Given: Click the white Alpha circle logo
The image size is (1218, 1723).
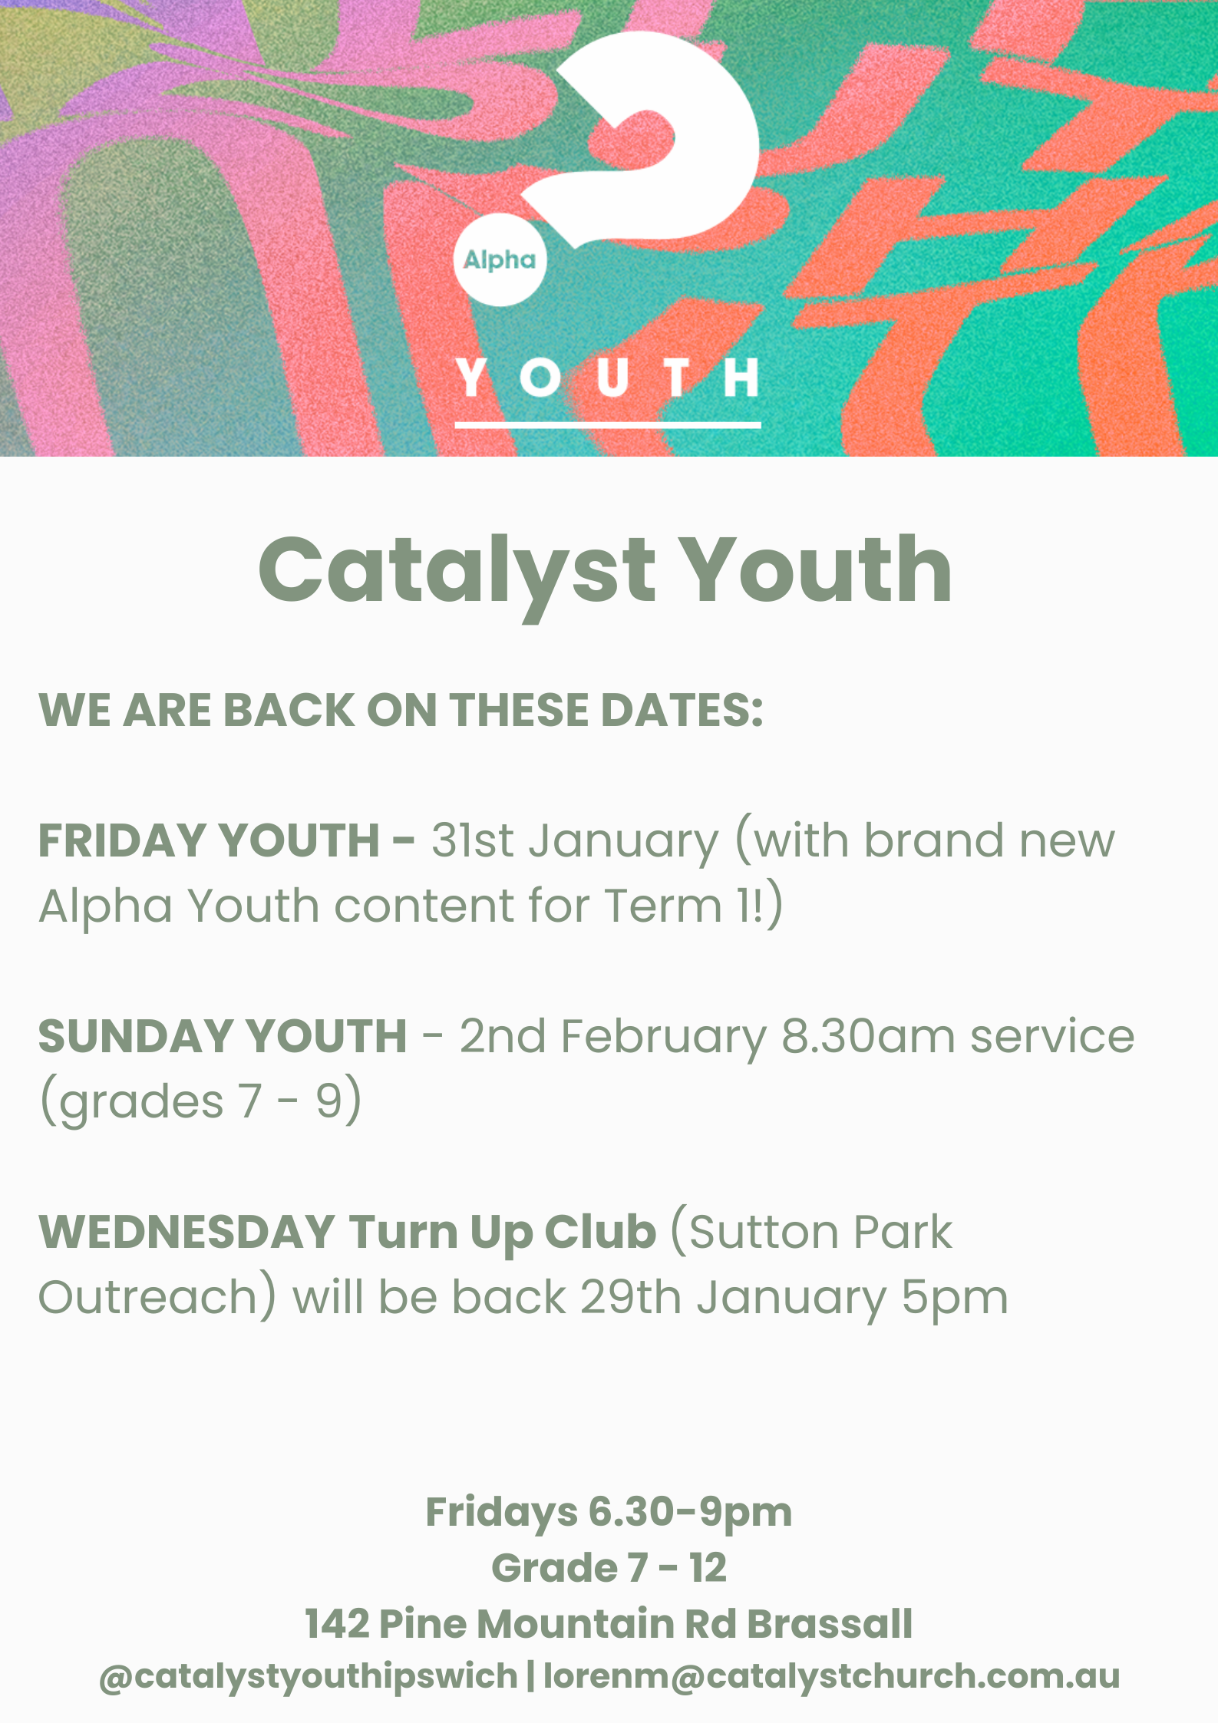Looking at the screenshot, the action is pos(500,259).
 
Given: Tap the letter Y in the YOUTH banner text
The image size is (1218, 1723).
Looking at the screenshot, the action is pos(472,377).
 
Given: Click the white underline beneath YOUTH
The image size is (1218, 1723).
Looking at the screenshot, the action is pos(608,424).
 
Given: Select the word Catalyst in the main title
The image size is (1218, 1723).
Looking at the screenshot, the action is pos(457,573).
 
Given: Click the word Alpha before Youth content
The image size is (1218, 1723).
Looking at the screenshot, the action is pos(105,906).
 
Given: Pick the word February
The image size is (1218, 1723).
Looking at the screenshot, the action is pos(664,1038).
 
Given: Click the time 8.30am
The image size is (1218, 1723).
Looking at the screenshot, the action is pos(868,1036).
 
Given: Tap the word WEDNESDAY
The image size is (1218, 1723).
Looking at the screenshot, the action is pos(186,1232).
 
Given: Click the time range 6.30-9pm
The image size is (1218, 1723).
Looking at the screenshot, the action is pos(690,1512).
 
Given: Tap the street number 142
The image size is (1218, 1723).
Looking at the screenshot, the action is pos(338,1624).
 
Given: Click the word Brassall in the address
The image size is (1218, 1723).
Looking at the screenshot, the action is pos(830,1624).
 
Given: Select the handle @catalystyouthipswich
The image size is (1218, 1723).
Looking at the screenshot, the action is pos(309,1678).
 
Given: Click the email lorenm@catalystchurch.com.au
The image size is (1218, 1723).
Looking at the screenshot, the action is pos(831,1677).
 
